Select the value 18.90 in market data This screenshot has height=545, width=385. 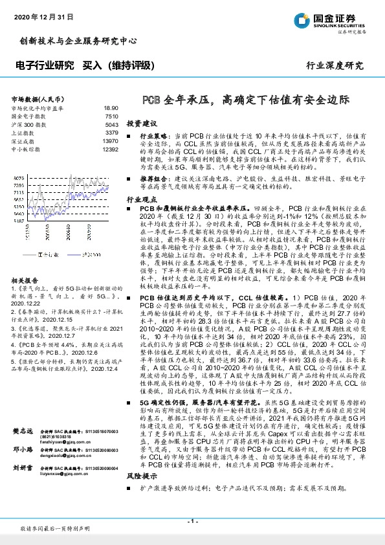point(110,108)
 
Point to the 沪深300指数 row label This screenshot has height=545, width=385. point(29,124)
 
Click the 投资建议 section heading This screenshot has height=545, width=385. point(142,122)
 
